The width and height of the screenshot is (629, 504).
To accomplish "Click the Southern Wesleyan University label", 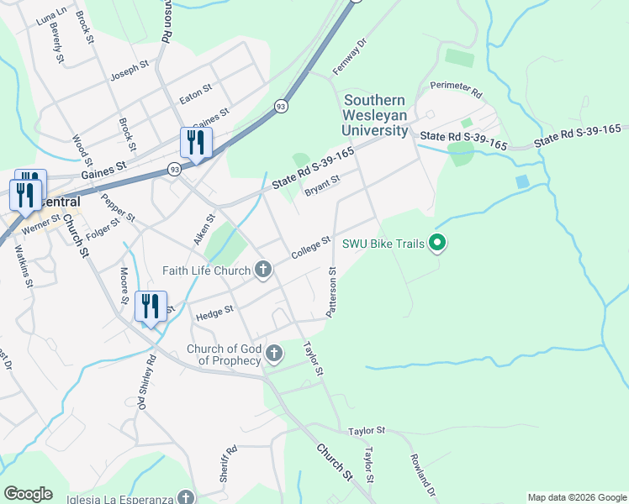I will (x=374, y=115).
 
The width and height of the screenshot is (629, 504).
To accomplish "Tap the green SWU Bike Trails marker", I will (x=436, y=244).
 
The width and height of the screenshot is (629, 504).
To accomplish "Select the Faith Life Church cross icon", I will (x=263, y=270).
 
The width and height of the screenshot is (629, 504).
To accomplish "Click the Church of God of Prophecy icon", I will (x=273, y=354).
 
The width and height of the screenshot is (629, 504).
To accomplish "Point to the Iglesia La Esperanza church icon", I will (x=185, y=496).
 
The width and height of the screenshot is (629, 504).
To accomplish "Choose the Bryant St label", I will (x=321, y=185).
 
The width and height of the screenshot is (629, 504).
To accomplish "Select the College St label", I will (x=308, y=248).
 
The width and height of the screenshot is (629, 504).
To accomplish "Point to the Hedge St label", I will (x=214, y=313).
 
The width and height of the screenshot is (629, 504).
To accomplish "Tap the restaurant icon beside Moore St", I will (x=151, y=307).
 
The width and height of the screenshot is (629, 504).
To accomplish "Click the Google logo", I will (x=28, y=494).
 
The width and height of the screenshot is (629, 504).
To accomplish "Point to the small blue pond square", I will (x=522, y=181).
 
